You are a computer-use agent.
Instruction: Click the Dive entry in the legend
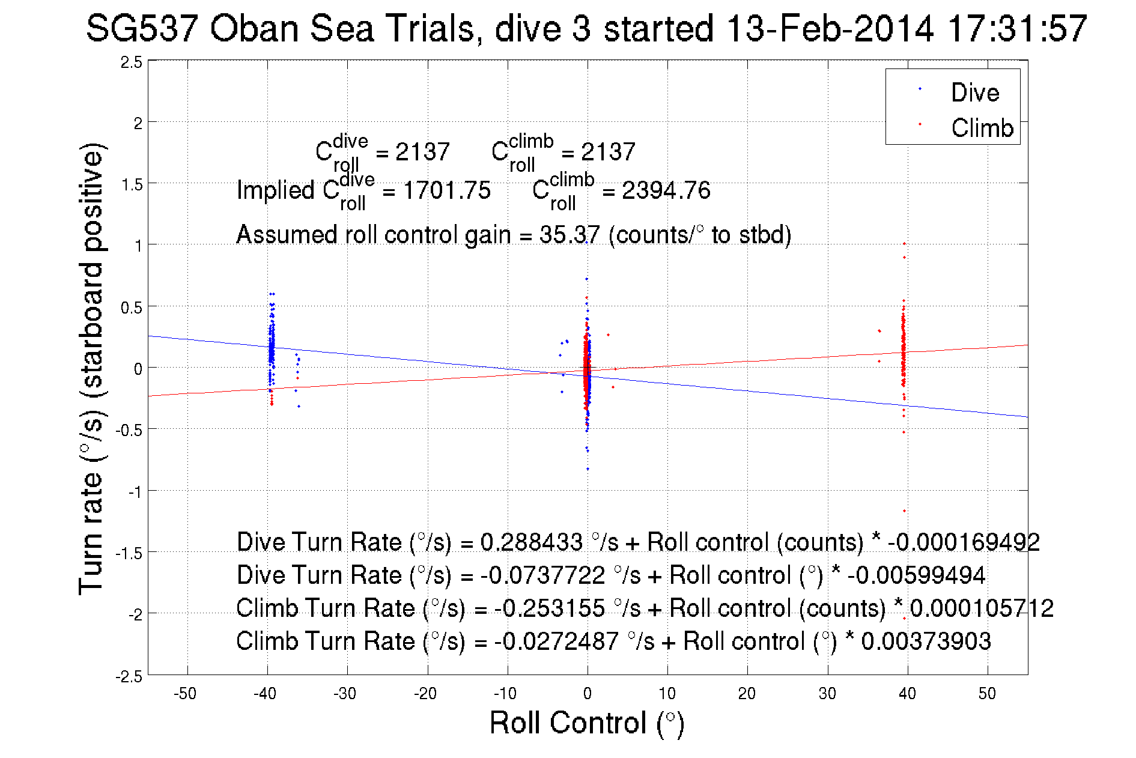click(x=974, y=92)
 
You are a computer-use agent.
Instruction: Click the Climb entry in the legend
click(x=982, y=128)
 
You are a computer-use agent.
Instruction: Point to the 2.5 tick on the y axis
click(x=132, y=62)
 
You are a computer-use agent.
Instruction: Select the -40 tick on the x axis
click(x=265, y=694)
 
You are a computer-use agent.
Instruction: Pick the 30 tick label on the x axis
click(x=827, y=694)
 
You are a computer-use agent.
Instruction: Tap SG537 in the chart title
click(x=142, y=28)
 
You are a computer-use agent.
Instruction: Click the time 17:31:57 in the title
click(x=1017, y=28)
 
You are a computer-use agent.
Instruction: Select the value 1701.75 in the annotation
click(x=447, y=190)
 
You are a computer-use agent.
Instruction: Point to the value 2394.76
click(x=666, y=190)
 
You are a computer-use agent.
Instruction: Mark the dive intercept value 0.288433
click(x=531, y=542)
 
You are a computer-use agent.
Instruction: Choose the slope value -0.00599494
click(x=916, y=575)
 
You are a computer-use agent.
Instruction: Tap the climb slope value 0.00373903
click(x=926, y=641)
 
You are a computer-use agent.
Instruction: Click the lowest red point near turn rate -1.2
click(x=904, y=511)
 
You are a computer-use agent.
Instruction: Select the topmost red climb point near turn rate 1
click(x=904, y=244)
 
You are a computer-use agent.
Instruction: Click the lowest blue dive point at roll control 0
click(x=588, y=468)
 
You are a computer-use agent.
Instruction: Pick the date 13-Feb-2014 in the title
click(x=830, y=28)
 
